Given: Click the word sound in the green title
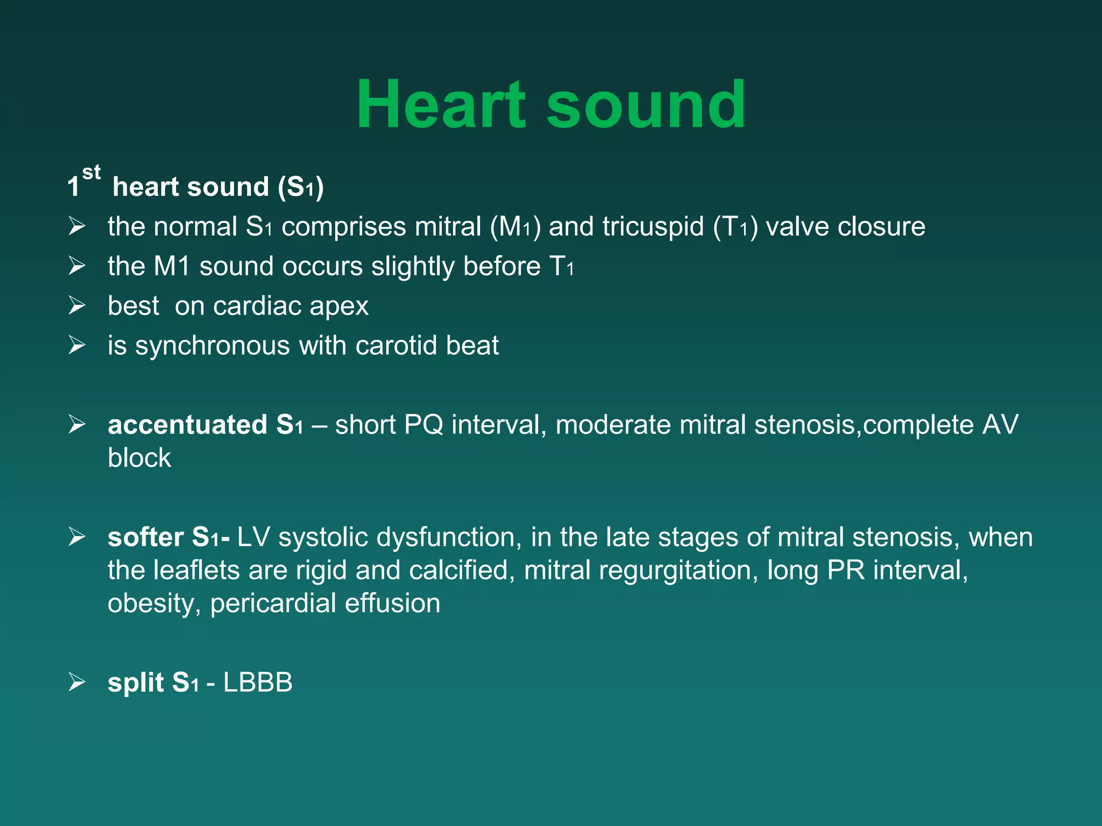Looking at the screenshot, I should (x=646, y=105).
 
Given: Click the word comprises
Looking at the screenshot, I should (x=343, y=227).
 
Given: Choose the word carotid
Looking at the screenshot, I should (x=396, y=346).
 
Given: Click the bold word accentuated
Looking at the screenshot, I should (x=187, y=425).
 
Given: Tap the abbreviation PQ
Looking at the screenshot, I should (x=423, y=425).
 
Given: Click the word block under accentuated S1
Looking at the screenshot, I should (x=139, y=458).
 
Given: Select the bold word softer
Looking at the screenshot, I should (x=145, y=537).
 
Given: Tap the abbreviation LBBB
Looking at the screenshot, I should (x=258, y=683).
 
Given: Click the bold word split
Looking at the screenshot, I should (x=136, y=683).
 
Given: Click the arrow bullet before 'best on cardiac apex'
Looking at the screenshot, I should (x=77, y=305).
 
